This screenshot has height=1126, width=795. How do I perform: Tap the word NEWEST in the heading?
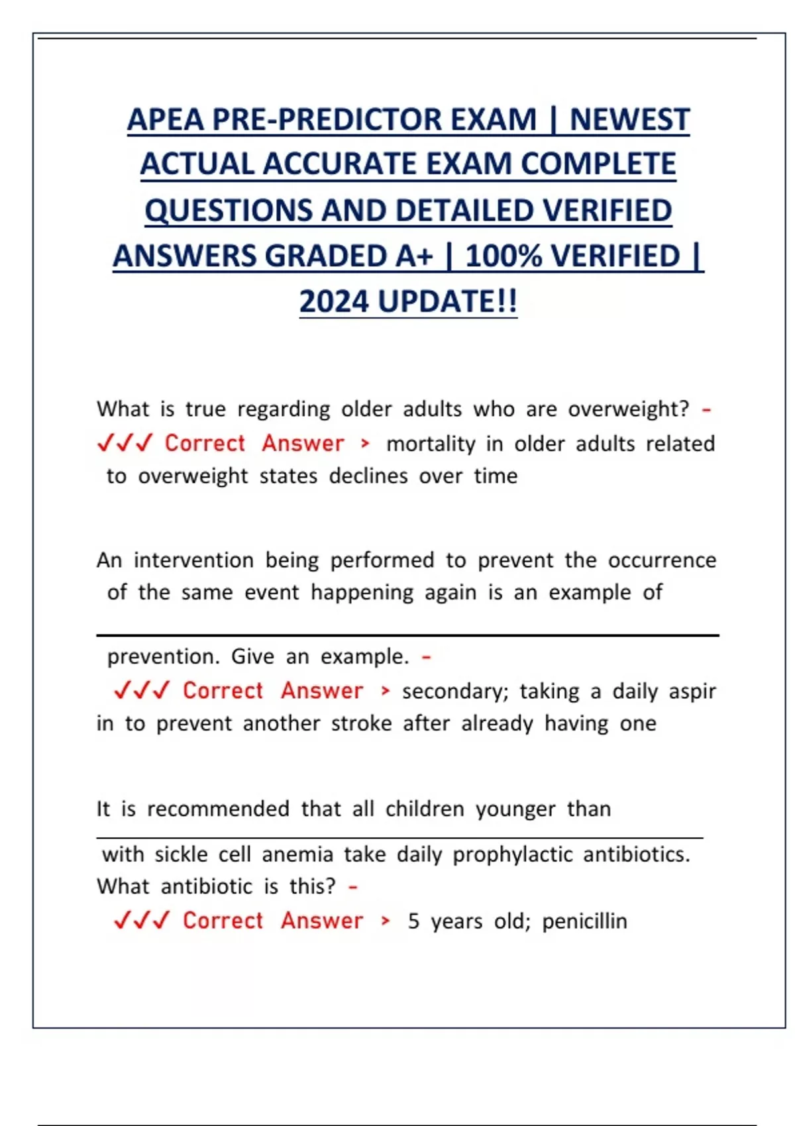(x=629, y=120)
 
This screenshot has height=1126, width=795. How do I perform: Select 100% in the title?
(x=504, y=256)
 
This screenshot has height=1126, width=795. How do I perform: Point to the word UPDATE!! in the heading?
(x=447, y=301)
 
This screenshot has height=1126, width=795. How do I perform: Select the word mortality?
(x=431, y=444)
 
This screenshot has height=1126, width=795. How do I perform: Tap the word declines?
(x=368, y=476)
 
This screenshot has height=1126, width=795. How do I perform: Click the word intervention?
(x=193, y=560)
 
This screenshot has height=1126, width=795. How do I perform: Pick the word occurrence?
(x=662, y=560)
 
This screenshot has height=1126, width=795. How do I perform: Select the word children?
(x=425, y=809)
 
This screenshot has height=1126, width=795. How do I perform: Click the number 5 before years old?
(x=413, y=921)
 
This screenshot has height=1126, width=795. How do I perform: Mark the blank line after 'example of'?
(x=407, y=635)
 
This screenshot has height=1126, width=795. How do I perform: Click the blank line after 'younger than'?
(x=399, y=838)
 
